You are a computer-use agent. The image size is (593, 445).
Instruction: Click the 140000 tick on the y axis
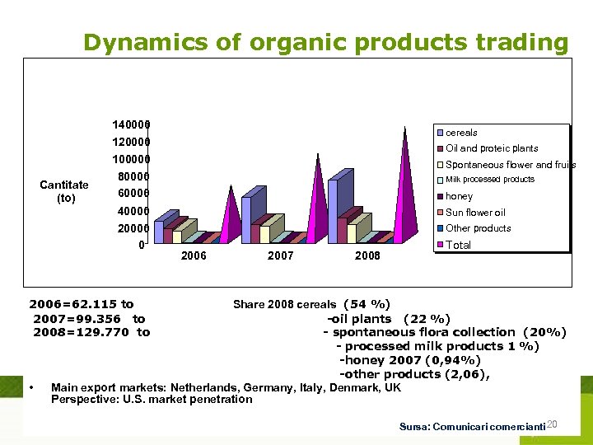pyautogui.click(x=131, y=125)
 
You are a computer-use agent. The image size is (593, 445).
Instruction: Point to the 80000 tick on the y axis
pyautogui.click(x=131, y=176)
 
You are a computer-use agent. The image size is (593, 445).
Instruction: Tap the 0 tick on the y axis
pyautogui.click(x=142, y=245)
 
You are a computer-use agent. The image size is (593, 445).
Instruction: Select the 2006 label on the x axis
pyautogui.click(x=194, y=256)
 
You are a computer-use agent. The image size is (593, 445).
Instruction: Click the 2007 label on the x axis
pyautogui.click(x=281, y=256)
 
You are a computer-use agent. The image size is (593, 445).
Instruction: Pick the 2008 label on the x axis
pyautogui.click(x=367, y=256)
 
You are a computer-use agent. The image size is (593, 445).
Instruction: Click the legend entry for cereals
pyautogui.click(x=461, y=133)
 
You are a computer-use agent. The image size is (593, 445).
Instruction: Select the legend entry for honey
pyautogui.click(x=459, y=196)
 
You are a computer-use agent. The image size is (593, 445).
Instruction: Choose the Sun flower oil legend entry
pyautogui.click(x=475, y=213)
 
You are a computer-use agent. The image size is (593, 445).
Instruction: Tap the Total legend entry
pyautogui.click(x=458, y=245)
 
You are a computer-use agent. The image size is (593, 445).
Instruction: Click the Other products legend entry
pyautogui.click(x=478, y=228)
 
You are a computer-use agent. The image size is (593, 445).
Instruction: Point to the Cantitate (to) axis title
pyautogui.click(x=64, y=191)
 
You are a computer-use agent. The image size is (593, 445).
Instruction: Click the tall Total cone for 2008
pyautogui.click(x=404, y=181)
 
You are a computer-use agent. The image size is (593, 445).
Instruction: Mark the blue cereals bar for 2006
pyautogui.click(x=159, y=231)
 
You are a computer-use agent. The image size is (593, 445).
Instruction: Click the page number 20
pyautogui.click(x=553, y=424)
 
